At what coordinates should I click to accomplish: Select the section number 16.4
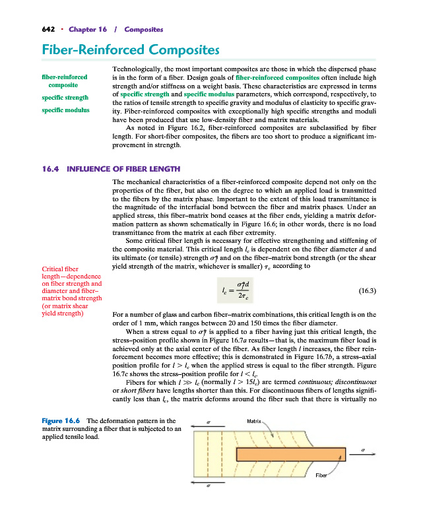pos(51,169)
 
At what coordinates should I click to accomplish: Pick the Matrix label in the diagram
pos(254,420)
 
